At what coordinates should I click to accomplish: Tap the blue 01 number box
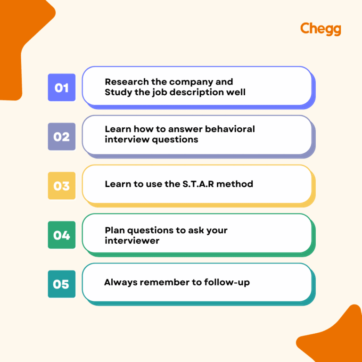(x=62, y=88)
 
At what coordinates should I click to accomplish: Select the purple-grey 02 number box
(x=62, y=137)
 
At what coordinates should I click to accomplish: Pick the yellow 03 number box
(x=62, y=186)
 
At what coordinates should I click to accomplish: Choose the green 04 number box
(x=62, y=235)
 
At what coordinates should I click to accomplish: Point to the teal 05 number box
(x=62, y=284)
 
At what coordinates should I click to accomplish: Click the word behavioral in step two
(x=230, y=129)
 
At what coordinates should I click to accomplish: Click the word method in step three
(x=238, y=184)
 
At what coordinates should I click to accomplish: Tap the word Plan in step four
(x=114, y=230)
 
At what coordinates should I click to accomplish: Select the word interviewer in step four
(x=132, y=240)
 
